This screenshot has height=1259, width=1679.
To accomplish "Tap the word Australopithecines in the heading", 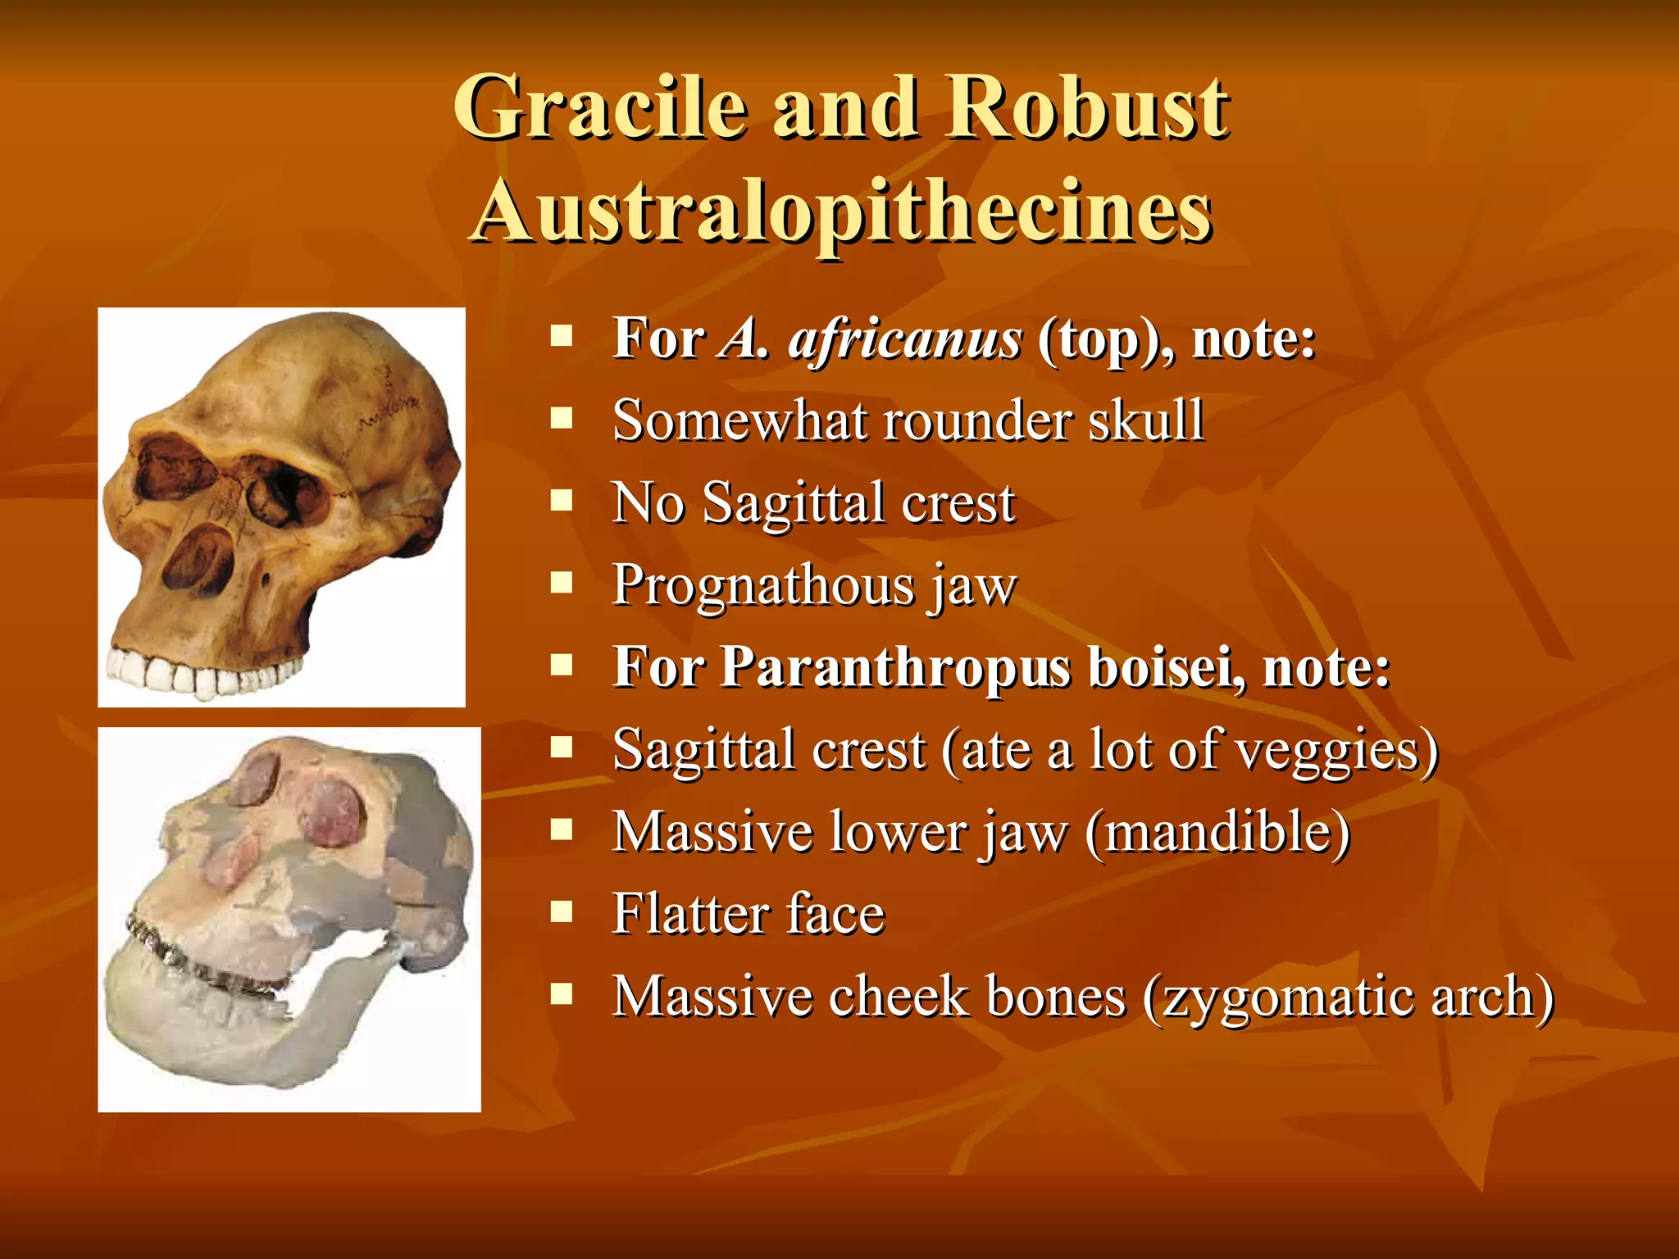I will click(843, 211).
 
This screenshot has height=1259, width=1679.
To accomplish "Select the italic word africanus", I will click(905, 339).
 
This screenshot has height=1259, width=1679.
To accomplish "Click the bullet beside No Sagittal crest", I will click(562, 500).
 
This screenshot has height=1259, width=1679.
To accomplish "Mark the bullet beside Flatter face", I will click(562, 911).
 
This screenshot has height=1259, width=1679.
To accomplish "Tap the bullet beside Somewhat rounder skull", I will click(562, 418).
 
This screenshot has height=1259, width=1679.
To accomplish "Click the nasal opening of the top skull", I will click(199, 557).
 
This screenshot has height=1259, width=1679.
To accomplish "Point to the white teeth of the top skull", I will click(197, 672).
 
